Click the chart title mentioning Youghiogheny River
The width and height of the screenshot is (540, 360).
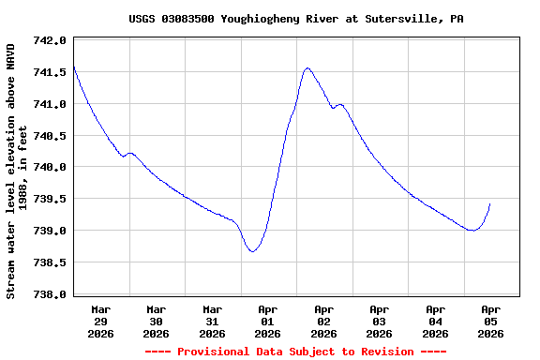coord(296,19)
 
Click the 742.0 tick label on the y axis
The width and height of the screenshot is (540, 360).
coord(50,40)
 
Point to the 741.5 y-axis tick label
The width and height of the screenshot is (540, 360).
coord(50,72)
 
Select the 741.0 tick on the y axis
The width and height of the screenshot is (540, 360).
coord(50,104)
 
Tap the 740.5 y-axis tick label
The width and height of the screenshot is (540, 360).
coord(50,136)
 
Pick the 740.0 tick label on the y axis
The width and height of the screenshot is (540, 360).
coord(50,168)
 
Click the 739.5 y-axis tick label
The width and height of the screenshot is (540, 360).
coord(50,199)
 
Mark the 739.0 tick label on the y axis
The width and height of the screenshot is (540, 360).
coord(50,231)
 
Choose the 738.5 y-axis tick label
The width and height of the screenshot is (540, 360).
coord(50,262)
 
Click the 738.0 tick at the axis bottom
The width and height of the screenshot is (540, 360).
coord(50,294)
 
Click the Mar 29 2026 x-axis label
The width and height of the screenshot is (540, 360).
coord(100,321)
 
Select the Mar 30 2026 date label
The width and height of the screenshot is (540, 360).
coord(157,321)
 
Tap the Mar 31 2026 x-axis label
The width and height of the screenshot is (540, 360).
coord(212,321)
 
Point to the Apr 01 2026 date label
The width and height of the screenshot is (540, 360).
coord(268,321)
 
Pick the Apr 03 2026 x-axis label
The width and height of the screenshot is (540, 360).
coord(380,321)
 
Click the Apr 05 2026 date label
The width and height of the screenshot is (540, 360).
coord(491,321)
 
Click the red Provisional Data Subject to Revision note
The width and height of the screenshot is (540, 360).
coord(295,352)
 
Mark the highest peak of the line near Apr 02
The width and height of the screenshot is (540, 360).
coord(307,67)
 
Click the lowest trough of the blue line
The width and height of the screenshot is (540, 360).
coord(251,251)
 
